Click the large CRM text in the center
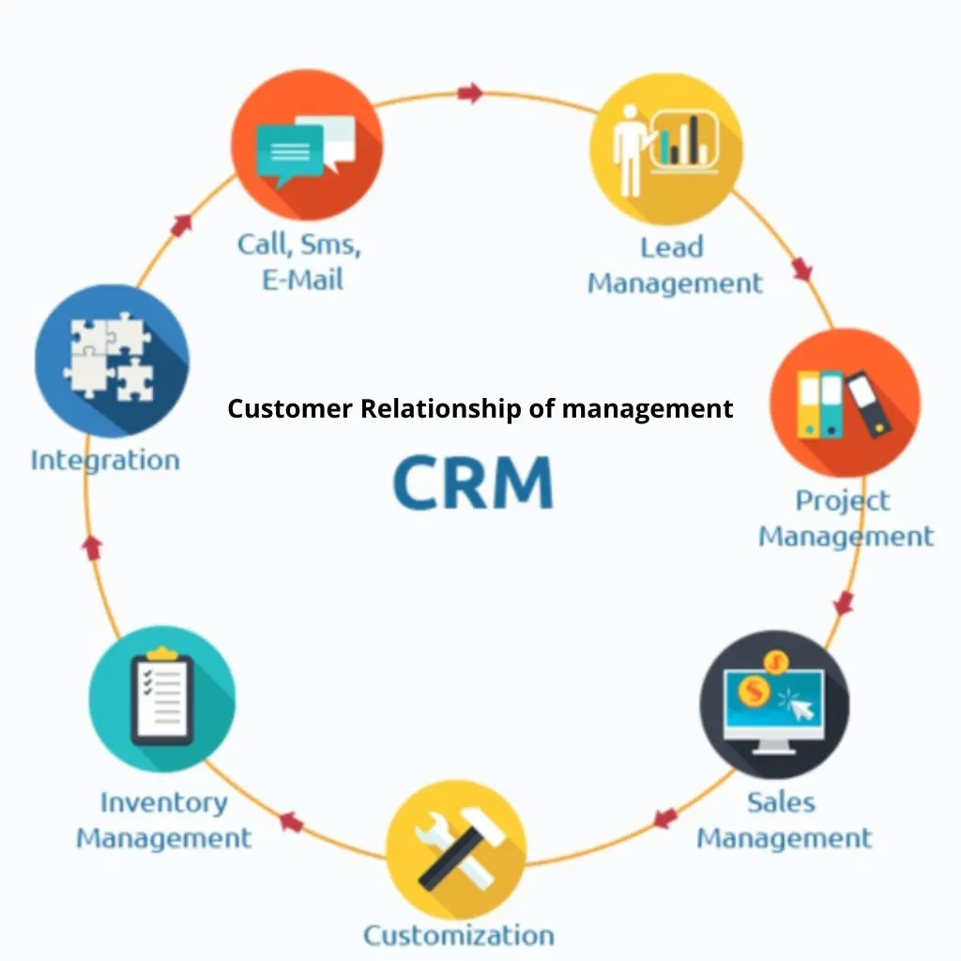click(473, 483)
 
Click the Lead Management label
click(675, 265)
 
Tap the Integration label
click(105, 460)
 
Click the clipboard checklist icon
click(161, 699)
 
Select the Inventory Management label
click(164, 820)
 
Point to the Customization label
click(458, 935)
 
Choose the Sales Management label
click(784, 819)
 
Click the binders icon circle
click(844, 403)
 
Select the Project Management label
click(846, 518)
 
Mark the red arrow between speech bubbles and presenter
click(471, 93)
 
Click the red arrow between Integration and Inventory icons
click(92, 547)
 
